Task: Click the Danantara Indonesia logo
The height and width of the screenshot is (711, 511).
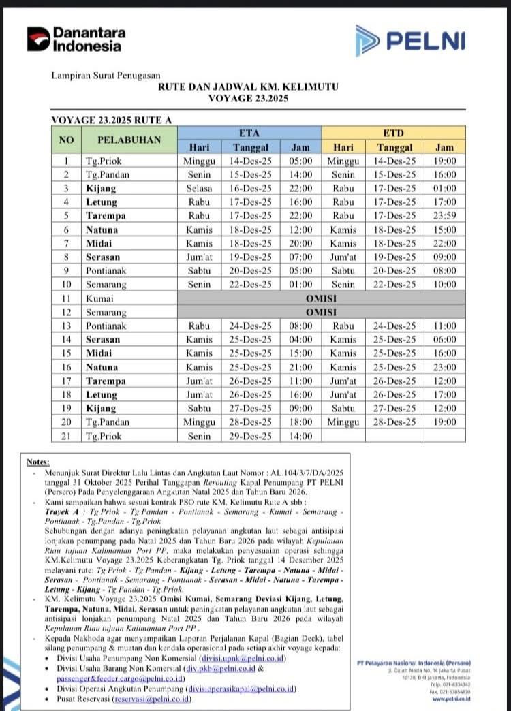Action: [x=76, y=39]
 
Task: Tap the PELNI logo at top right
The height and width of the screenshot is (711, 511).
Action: [x=410, y=40]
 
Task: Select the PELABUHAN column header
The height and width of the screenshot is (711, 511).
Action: [x=129, y=140]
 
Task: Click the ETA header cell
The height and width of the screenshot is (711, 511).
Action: [x=249, y=133]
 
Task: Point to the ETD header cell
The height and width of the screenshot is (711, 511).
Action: [x=394, y=133]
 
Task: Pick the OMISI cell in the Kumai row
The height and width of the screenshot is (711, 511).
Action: [x=321, y=298]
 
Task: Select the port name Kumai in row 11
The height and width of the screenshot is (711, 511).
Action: [x=100, y=298]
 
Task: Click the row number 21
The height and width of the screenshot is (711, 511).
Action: [x=66, y=436]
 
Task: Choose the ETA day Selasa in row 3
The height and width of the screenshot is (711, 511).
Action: [x=199, y=188]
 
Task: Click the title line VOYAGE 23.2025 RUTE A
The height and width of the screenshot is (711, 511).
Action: [x=112, y=120]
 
